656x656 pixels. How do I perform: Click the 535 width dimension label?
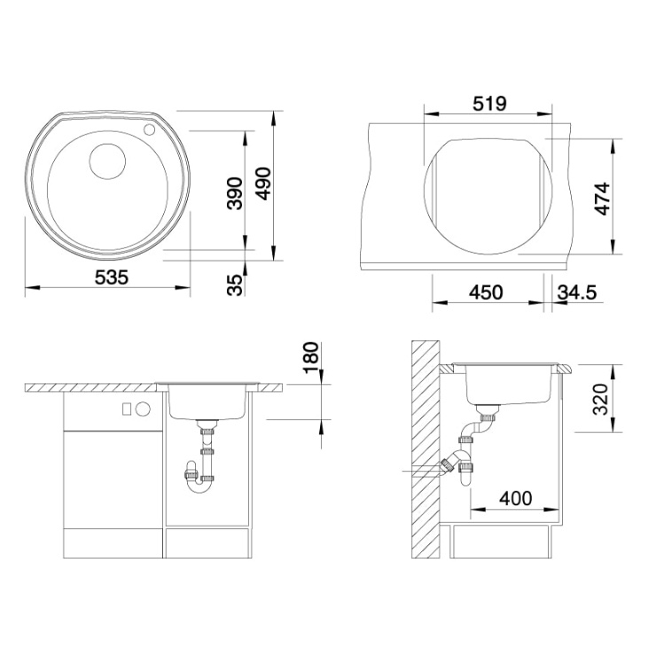pyautogui.click(x=112, y=277)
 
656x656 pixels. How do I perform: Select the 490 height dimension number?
pyautogui.click(x=263, y=184)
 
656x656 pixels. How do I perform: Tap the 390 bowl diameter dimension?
pyautogui.click(x=235, y=193)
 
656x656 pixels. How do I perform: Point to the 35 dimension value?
pyautogui.click(x=235, y=285)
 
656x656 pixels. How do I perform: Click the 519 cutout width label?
pyautogui.click(x=489, y=104)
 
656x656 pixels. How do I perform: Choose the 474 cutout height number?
pyautogui.click(x=603, y=199)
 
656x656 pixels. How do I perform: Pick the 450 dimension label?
pyautogui.click(x=486, y=292)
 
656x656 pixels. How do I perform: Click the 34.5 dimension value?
pyautogui.click(x=577, y=292)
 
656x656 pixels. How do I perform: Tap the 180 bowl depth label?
pyautogui.click(x=311, y=358)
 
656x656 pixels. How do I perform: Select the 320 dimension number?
pyautogui.click(x=600, y=399)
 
